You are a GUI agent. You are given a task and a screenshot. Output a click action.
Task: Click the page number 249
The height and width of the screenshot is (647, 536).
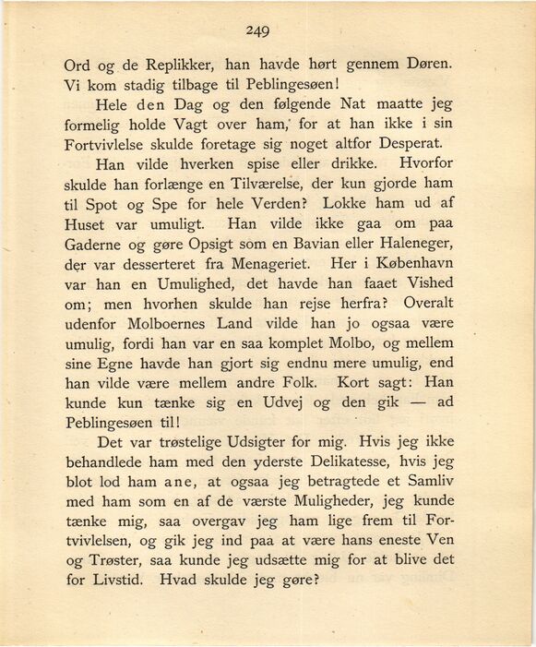(x=257, y=30)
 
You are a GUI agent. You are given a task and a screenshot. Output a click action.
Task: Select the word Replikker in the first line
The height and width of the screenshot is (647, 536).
(x=170, y=67)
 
